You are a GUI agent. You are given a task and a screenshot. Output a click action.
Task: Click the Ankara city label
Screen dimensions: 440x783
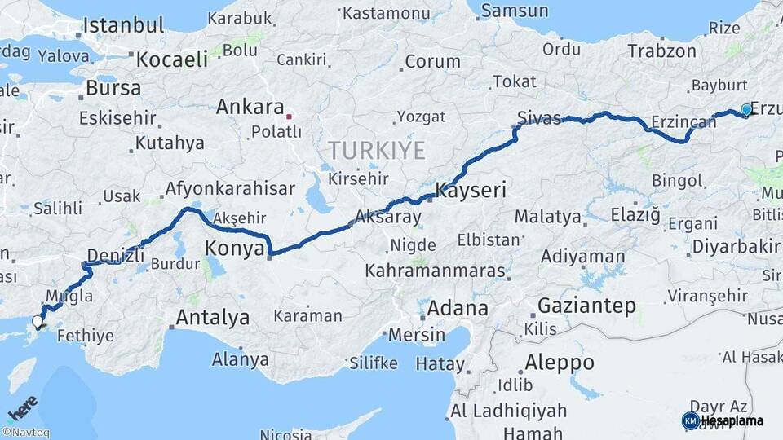click(250, 108)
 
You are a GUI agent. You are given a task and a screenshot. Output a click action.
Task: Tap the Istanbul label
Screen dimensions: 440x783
click(123, 25)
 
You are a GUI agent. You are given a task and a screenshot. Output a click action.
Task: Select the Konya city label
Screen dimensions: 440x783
click(235, 248)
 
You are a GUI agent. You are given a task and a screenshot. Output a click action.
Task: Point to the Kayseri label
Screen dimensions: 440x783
click(471, 191)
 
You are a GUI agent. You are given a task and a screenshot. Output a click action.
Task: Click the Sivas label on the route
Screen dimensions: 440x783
click(539, 118)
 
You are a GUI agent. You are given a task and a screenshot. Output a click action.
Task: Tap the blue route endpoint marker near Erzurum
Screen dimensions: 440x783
click(746, 110)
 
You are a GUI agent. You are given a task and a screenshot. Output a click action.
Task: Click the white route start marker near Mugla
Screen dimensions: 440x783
click(38, 322)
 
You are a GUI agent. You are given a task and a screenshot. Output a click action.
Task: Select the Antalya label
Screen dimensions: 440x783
click(213, 318)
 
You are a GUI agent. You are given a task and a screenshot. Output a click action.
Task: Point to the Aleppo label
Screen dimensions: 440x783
click(560, 362)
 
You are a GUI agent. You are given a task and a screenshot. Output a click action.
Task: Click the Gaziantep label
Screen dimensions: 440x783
click(586, 306)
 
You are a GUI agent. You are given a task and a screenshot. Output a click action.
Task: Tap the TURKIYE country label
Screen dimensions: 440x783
click(377, 150)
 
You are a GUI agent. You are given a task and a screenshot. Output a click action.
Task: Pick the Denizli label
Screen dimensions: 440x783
click(115, 255)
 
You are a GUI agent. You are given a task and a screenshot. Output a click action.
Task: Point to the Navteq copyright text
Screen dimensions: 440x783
click(25, 433)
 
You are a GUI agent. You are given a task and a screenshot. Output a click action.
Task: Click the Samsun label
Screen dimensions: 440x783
click(515, 11)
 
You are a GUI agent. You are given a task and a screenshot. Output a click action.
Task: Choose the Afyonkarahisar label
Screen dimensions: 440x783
click(230, 189)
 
